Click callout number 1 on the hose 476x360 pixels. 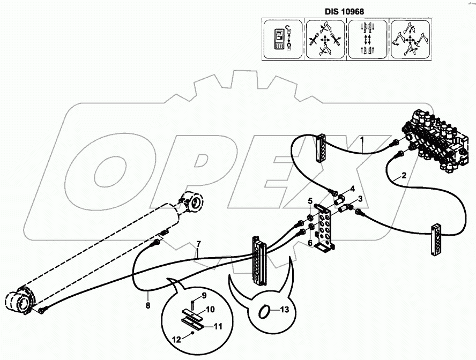coord(362,142)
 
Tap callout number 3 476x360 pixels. coord(361,199)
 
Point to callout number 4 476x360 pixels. coord(352,188)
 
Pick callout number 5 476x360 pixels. coord(309,201)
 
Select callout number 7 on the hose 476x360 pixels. coord(198,245)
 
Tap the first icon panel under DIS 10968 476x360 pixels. coord(283,39)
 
